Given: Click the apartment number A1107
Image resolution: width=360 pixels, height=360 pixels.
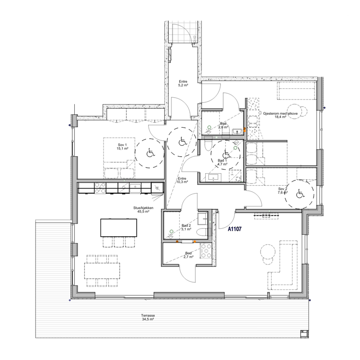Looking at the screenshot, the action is [x=234, y=229].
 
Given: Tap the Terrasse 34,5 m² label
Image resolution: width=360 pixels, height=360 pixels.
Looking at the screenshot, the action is [x=148, y=317].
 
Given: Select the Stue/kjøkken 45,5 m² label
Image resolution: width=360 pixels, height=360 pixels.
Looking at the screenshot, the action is [x=143, y=210].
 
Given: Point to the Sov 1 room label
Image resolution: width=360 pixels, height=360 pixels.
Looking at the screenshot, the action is [x=122, y=147].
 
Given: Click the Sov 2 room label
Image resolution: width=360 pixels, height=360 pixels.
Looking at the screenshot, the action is [x=283, y=191].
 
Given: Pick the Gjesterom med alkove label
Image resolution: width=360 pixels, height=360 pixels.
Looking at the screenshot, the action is [x=280, y=115].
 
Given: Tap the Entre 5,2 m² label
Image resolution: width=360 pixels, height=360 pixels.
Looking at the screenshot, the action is [x=183, y=83].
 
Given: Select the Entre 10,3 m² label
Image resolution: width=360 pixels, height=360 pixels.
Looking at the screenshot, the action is [x=182, y=180].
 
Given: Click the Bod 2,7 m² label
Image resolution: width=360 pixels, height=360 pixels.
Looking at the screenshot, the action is [x=188, y=255].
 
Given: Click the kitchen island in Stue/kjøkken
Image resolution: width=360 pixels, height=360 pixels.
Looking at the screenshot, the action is [x=119, y=228].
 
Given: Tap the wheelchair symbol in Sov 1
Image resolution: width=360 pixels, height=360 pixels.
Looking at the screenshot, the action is [x=151, y=153].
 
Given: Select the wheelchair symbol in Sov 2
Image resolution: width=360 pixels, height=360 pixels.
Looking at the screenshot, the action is [x=299, y=194].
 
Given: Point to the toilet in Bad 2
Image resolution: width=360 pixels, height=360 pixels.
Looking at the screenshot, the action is [x=202, y=232].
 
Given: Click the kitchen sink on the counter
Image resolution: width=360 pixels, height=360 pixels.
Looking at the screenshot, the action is [x=135, y=188].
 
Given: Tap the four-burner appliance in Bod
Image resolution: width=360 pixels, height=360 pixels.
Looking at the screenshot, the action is [x=206, y=251].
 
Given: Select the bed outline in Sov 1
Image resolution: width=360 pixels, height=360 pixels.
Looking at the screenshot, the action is [x=119, y=158].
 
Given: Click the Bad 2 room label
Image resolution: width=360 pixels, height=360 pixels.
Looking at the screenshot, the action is [x=186, y=227].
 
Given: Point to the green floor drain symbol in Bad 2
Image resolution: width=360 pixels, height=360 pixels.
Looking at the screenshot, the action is [x=171, y=231].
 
